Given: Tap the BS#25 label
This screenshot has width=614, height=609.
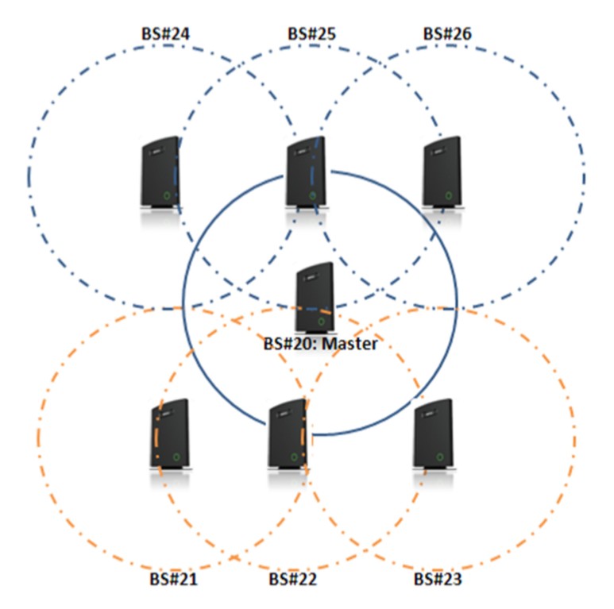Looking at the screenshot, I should pyautogui.click(x=311, y=34).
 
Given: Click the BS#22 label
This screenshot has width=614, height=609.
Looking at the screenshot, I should pyautogui.click(x=293, y=579).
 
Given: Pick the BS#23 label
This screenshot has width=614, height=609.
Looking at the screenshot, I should pyautogui.click(x=438, y=579).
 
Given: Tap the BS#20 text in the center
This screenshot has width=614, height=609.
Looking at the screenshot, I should pyautogui.click(x=290, y=345).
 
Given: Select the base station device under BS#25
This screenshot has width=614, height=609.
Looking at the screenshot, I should pyautogui.click(x=305, y=175).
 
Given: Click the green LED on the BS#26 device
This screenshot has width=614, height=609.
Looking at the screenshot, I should pyautogui.click(x=449, y=195).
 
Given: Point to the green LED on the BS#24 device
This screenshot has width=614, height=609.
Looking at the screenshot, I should pyautogui.click(x=167, y=195).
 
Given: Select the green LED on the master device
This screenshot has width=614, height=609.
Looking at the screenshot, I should pyautogui.click(x=321, y=322).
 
